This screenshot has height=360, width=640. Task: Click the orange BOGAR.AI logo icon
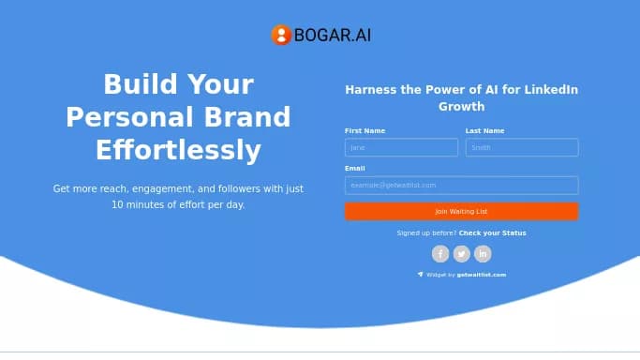click(x=281, y=36)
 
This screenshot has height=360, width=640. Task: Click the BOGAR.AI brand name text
click(x=333, y=36)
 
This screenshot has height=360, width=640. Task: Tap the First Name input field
click(x=401, y=147)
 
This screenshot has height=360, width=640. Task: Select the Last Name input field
click(x=522, y=147)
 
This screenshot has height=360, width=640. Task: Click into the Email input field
click(x=461, y=185)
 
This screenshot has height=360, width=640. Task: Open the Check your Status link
click(x=492, y=232)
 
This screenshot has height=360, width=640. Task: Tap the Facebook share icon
click(x=440, y=253)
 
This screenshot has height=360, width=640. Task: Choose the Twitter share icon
click(x=462, y=253)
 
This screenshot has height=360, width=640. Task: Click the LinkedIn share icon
click(x=483, y=253)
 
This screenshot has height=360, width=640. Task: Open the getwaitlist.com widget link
click(x=482, y=275)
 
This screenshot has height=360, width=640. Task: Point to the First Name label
click(x=365, y=130)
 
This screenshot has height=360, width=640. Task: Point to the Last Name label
click(x=484, y=130)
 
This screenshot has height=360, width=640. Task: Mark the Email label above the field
click(x=354, y=168)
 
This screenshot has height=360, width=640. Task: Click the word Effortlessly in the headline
click(x=178, y=150)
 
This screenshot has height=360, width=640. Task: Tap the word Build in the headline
click(x=139, y=84)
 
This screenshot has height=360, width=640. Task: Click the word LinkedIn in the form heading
click(x=551, y=90)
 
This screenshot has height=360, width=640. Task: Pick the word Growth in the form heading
click(x=461, y=107)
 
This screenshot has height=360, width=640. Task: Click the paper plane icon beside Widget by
click(x=420, y=275)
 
